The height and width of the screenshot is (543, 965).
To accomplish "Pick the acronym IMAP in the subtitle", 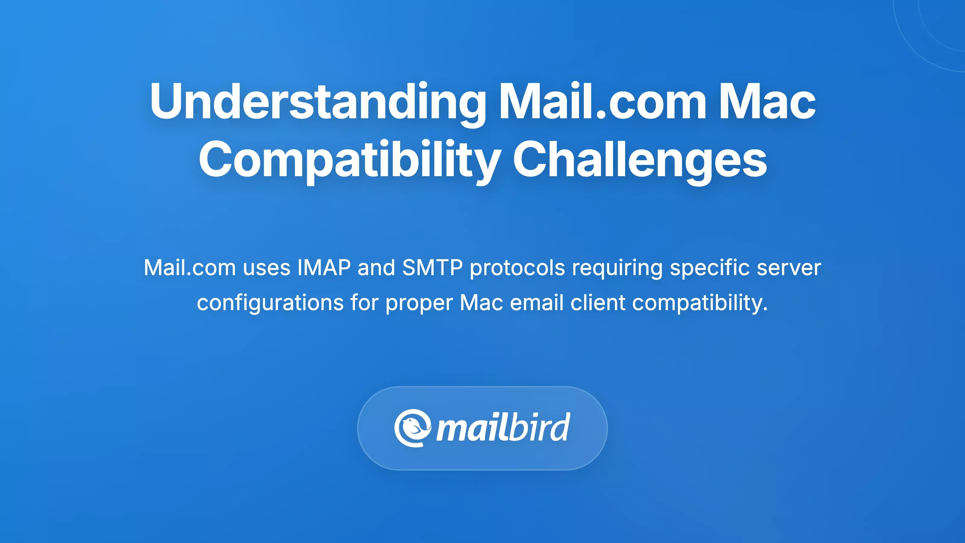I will pos(324,268).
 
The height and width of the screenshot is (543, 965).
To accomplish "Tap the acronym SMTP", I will pos(432,268).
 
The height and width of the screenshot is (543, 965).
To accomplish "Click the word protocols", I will pos(517,268).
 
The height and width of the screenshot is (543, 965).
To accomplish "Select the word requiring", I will pos(617,268).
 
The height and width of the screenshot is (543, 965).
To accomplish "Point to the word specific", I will pos(710,268).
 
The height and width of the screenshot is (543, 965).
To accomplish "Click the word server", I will pos(789,268).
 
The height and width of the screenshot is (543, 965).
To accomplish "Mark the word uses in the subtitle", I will pos(267,268).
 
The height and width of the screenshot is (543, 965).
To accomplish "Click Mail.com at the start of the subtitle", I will pos(190,268).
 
